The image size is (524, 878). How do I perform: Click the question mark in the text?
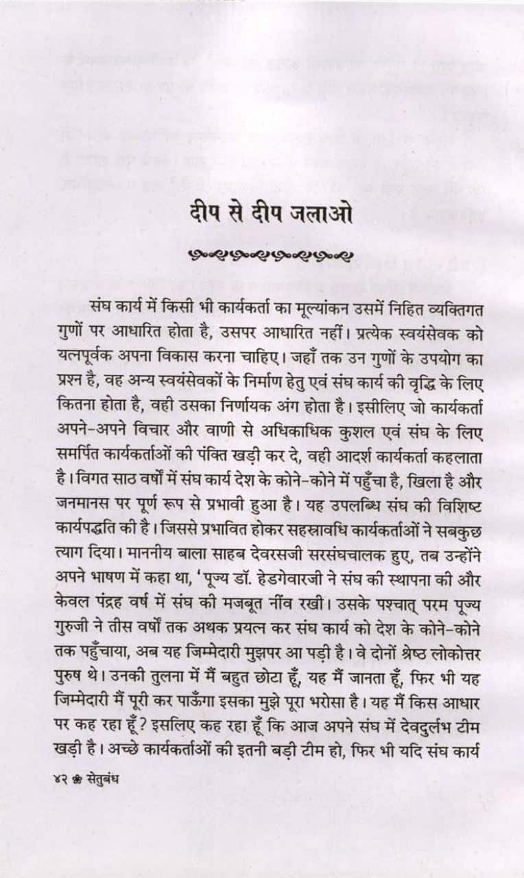(151, 732)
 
